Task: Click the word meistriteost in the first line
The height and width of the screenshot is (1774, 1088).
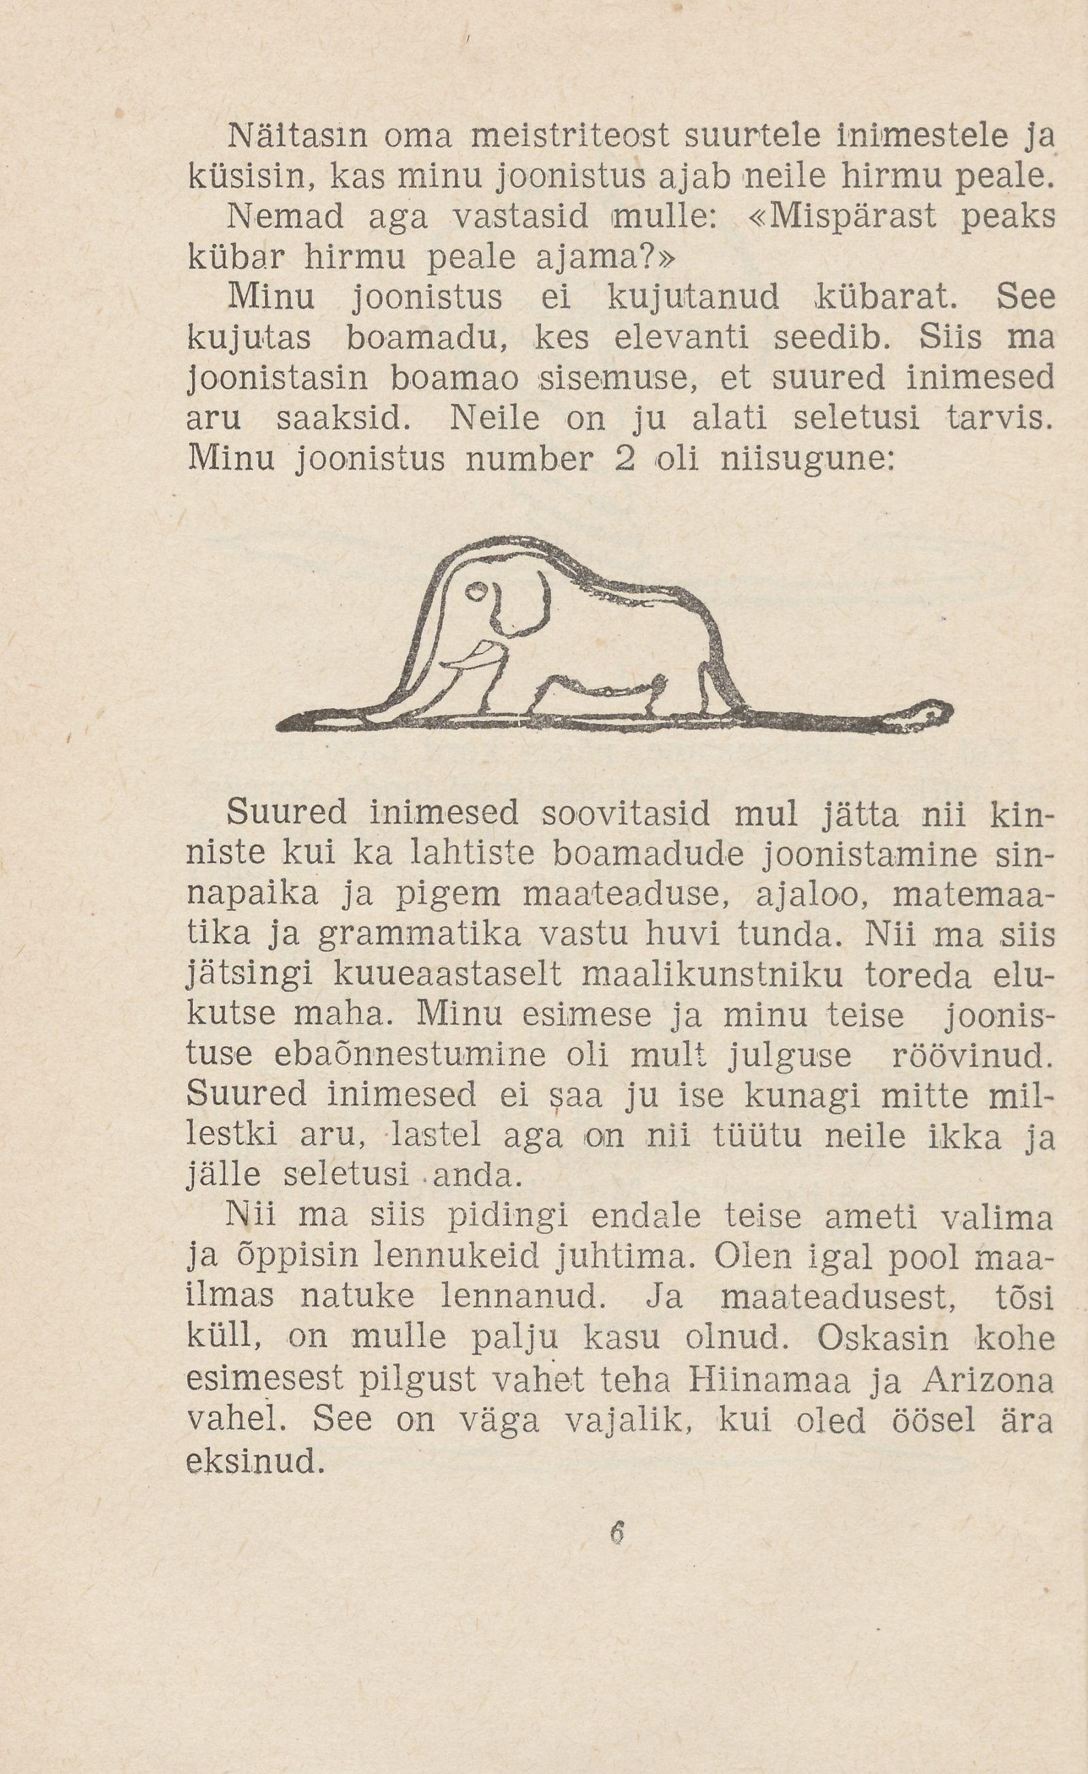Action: tap(568, 136)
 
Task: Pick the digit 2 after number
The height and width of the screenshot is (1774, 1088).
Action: tap(624, 460)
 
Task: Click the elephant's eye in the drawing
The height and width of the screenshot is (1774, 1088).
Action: tap(476, 592)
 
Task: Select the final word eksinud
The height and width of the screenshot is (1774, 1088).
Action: tap(253, 1461)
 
